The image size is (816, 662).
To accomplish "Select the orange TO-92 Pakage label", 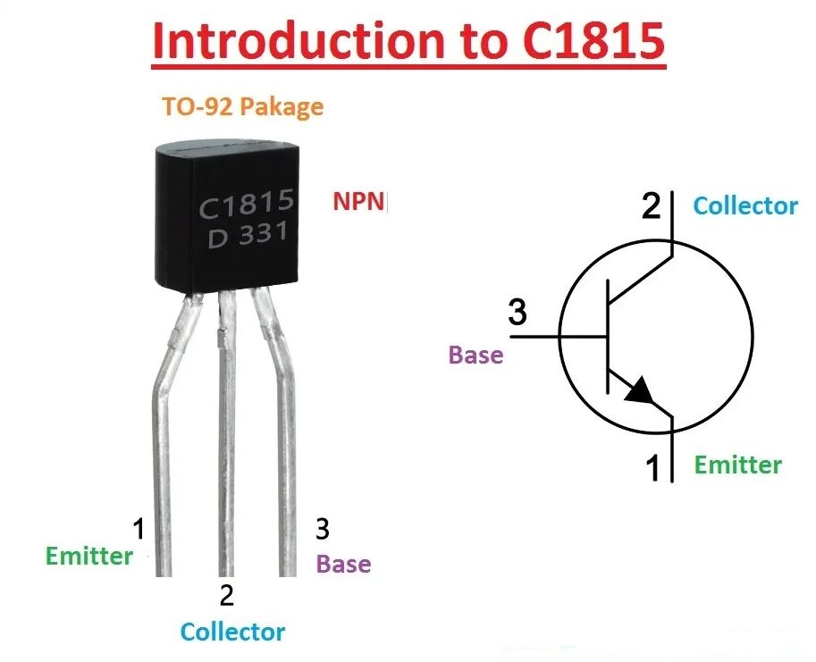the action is [242, 106].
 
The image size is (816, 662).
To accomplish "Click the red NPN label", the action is [358, 201].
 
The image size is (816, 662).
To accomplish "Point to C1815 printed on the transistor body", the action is [248, 205].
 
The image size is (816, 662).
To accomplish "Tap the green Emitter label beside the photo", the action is [89, 556].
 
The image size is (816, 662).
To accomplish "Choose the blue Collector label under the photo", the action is [232, 632].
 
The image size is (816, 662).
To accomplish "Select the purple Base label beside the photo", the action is [344, 564].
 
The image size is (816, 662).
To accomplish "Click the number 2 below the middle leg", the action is [226, 595].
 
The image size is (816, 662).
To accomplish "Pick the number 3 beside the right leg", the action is [322, 529].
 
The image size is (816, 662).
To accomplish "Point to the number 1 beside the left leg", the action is [139, 529].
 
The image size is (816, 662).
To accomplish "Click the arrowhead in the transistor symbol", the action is [639, 390].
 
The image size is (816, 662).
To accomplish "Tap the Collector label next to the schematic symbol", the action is [745, 206].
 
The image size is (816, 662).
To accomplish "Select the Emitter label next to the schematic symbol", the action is [738, 465].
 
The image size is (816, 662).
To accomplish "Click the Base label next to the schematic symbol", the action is [475, 355].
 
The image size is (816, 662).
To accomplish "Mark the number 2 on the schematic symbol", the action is [651, 205].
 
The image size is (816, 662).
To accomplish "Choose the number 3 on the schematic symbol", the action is [517, 312].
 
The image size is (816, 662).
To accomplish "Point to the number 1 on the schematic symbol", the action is [652, 467].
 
